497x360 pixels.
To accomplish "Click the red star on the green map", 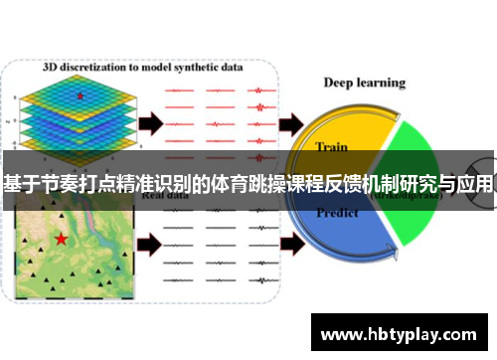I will pyautogui.click(x=62, y=239).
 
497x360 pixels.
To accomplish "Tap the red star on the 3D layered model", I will pyautogui.click(x=80, y=95).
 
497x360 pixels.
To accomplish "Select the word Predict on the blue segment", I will pyautogui.click(x=337, y=213).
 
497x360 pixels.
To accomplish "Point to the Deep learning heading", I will pyautogui.click(x=365, y=83).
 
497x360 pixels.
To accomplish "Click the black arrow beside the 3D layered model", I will pyautogui.click(x=150, y=123).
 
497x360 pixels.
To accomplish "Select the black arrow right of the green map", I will pyautogui.click(x=149, y=242).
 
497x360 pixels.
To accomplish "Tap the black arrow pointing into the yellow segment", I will pyautogui.click(x=293, y=123).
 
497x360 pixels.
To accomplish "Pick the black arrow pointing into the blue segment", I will pyautogui.click(x=293, y=242).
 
